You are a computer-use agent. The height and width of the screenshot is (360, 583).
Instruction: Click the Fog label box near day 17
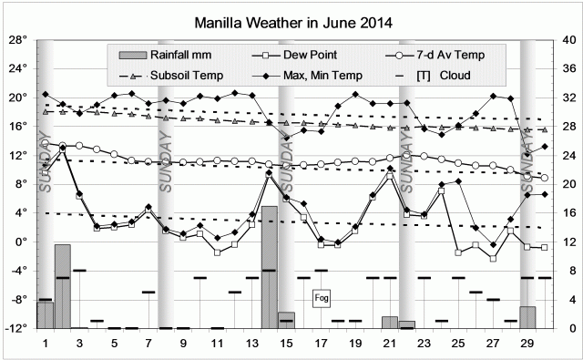pos(321,298)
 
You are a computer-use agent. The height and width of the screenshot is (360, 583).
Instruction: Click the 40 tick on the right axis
pos(569,40)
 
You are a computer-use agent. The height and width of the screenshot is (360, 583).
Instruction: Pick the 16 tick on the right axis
pos(569,213)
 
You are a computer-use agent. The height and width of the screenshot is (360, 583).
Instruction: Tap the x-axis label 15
pos(286,344)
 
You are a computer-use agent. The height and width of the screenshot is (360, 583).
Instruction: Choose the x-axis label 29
pos(527,344)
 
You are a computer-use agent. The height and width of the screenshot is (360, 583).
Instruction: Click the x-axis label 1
pos(46,344)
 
